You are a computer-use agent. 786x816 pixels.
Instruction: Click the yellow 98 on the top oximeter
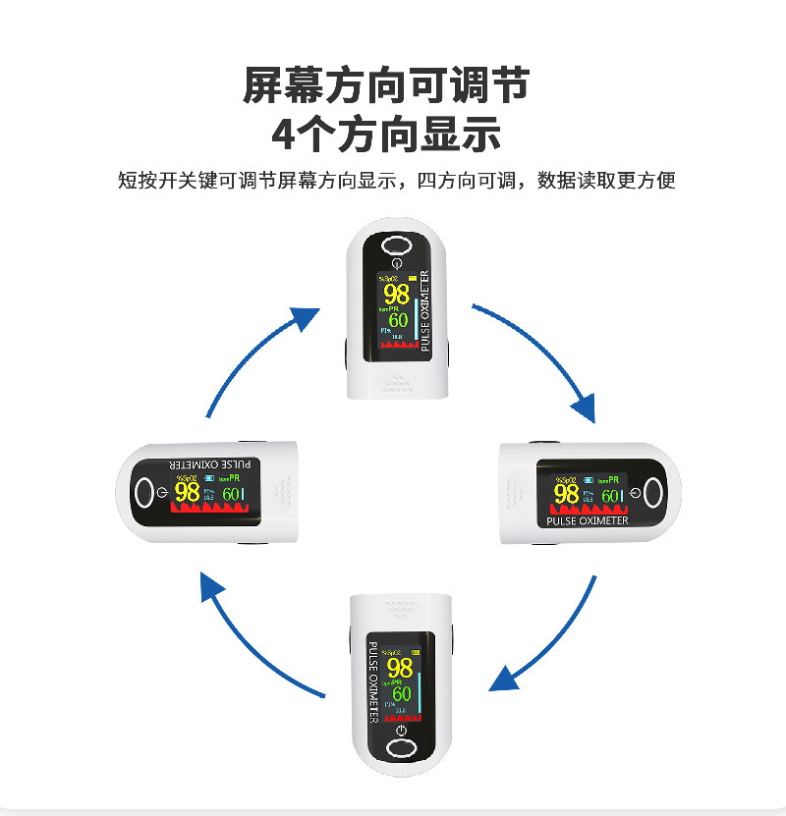click(x=396, y=294)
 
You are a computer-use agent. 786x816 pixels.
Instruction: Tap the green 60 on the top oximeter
click(x=398, y=320)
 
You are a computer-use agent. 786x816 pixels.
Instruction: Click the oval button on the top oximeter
click(x=396, y=245)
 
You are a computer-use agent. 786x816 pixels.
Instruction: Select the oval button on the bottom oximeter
click(x=400, y=749)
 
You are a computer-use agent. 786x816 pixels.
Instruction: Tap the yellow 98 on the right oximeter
click(x=566, y=494)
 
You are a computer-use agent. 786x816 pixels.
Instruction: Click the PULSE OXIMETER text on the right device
click(x=587, y=520)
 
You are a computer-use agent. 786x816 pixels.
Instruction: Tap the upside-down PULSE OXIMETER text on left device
click(x=210, y=463)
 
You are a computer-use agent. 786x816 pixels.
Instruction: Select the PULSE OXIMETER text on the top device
click(x=425, y=310)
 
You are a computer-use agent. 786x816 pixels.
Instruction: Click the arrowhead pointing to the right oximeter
click(x=585, y=406)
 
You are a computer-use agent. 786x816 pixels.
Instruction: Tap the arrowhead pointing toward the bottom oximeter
click(x=504, y=679)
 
